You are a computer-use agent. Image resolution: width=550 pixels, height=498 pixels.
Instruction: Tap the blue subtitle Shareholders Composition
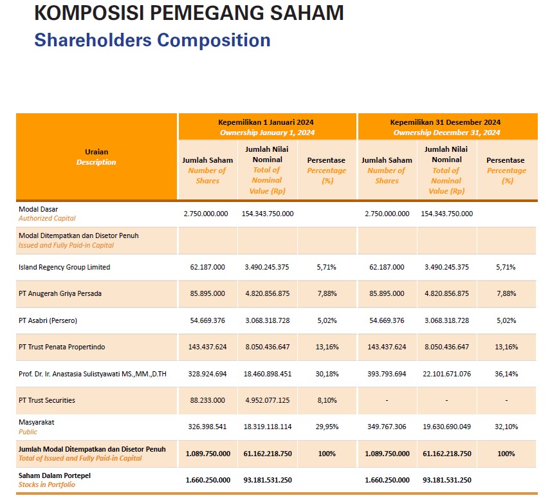(x=152, y=40)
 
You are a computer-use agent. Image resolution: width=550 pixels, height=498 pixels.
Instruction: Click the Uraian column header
(x=96, y=157)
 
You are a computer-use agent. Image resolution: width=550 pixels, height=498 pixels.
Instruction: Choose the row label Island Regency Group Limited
(x=64, y=267)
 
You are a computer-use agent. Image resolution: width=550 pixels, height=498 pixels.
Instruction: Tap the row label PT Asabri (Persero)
(x=49, y=320)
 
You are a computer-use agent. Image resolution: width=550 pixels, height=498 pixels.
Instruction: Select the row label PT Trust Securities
(x=47, y=400)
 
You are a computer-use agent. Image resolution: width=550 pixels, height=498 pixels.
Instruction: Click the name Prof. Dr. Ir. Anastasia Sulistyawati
(x=93, y=374)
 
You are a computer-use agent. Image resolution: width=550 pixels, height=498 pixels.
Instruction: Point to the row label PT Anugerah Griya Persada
(x=60, y=293)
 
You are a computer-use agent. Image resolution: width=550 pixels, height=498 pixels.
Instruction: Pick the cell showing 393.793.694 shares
(x=386, y=374)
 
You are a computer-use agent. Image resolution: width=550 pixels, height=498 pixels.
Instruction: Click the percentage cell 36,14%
(x=506, y=374)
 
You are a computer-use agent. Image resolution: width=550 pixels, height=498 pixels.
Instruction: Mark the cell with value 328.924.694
(x=207, y=374)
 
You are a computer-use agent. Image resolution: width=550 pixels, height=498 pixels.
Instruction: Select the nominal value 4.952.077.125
(x=267, y=400)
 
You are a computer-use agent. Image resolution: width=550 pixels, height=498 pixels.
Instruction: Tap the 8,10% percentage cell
(x=326, y=400)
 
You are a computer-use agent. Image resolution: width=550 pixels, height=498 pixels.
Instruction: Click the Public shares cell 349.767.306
(x=386, y=427)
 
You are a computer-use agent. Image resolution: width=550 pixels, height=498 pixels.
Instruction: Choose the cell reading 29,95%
(x=326, y=427)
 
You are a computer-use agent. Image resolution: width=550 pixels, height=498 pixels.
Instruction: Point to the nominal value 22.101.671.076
(x=446, y=374)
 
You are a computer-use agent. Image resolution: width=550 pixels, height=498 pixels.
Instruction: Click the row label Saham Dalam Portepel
(x=55, y=475)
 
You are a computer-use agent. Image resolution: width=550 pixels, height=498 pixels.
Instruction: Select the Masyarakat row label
(x=36, y=423)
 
